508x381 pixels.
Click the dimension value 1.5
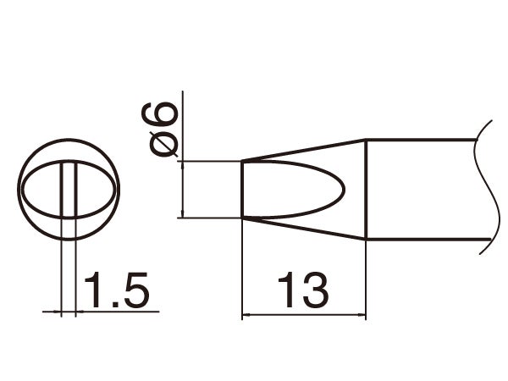pos(117,290)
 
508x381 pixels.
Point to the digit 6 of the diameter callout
pos(165,114)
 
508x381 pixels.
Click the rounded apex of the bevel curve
pos(343,189)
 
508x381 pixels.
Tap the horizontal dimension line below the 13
pos(304,315)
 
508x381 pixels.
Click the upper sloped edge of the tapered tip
pos(305,150)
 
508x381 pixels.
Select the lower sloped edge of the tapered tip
pos(305,229)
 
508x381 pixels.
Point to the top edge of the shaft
pos(423,141)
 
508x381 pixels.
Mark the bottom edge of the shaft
pos(423,239)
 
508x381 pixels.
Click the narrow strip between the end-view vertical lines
pos(69,188)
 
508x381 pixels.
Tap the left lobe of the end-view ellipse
pos(42,188)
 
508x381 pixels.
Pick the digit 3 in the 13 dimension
pos(313,290)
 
